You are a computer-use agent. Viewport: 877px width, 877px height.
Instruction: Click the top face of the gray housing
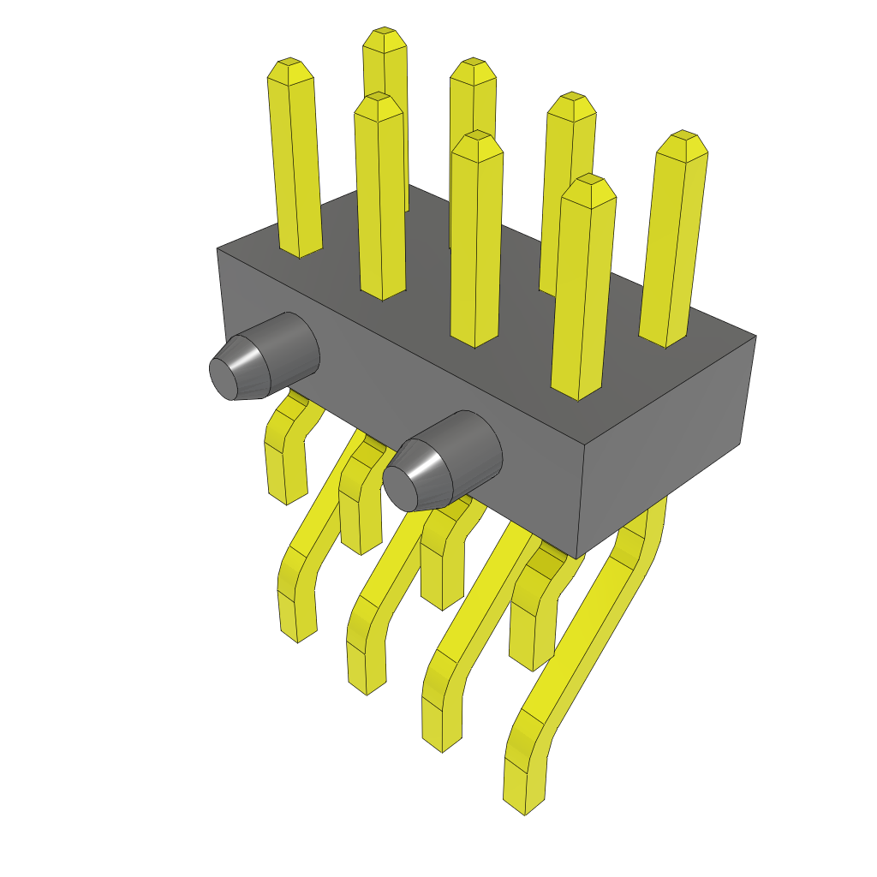514,283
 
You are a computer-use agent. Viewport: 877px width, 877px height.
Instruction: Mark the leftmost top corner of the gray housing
218,249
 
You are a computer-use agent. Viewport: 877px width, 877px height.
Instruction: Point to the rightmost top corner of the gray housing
755,336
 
